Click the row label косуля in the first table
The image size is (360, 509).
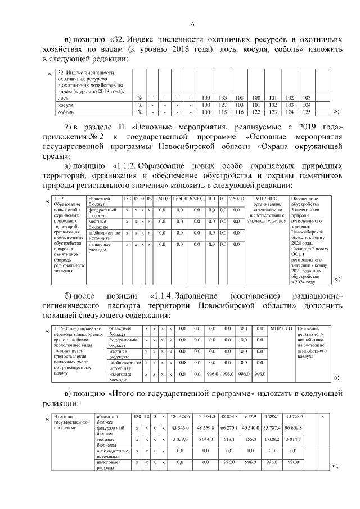pos(67,105)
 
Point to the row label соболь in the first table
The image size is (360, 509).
pos(66,112)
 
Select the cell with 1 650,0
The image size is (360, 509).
pos(180,199)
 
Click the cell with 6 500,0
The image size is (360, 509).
pos(197,199)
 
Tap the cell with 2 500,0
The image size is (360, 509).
pos(236,199)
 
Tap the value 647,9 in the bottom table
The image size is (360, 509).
pos(250,417)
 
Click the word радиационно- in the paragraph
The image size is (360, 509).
pos(316,296)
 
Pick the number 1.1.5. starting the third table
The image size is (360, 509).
pos(60,327)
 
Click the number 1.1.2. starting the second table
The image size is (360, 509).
pos(60,199)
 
